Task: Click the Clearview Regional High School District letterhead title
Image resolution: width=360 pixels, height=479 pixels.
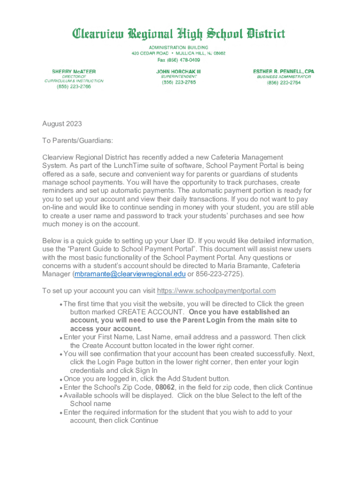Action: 178,34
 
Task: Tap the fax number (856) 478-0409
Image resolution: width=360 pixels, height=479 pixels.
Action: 178,60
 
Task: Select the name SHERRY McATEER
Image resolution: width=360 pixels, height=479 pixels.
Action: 74,72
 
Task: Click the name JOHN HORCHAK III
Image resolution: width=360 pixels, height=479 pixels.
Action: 179,72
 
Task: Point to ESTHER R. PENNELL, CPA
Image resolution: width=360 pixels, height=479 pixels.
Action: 283,72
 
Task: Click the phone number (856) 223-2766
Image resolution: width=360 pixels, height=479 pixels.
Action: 74,87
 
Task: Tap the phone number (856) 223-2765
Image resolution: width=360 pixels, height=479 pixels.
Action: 179,82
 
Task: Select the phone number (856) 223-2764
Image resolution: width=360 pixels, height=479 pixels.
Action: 283,83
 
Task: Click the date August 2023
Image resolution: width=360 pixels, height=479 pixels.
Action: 62,124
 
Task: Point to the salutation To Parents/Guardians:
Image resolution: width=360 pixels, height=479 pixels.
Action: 78,140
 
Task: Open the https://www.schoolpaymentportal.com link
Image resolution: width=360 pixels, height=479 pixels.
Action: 216,291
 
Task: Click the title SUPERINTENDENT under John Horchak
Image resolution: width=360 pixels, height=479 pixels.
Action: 179,76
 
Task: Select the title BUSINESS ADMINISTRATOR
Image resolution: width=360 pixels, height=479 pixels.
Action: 283,77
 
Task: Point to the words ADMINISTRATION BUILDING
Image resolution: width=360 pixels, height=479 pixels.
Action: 178,48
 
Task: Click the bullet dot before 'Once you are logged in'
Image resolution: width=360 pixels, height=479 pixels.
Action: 61,379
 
